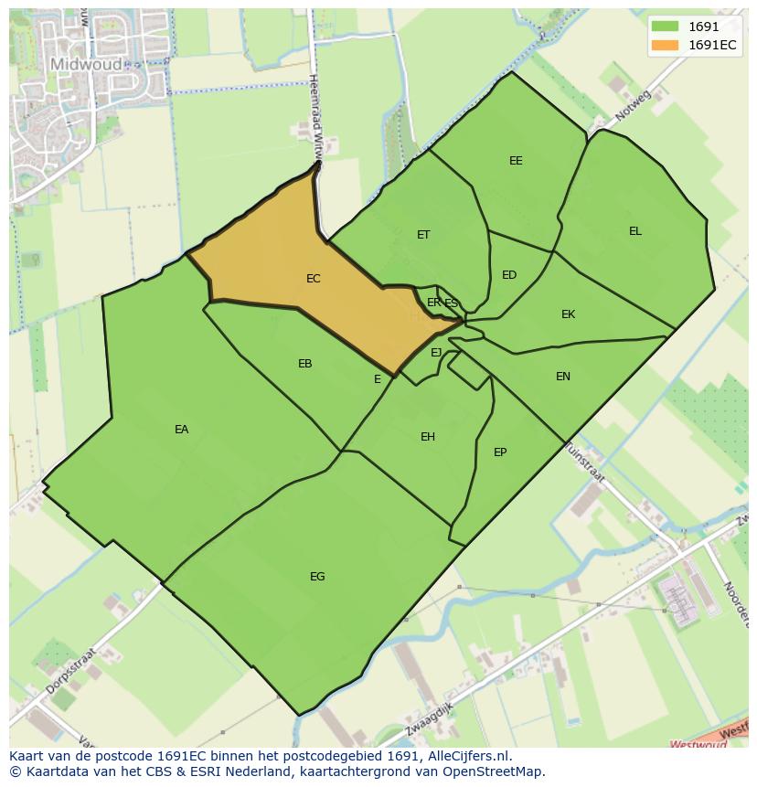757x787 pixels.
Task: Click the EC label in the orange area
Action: (313, 279)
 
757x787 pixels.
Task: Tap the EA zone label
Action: (181, 430)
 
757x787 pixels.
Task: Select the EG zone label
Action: (317, 577)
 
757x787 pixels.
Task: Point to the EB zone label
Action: (304, 364)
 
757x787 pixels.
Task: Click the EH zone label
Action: (427, 437)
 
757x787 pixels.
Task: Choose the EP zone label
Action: (500, 452)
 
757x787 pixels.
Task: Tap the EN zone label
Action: (563, 377)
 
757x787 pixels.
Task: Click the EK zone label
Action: (568, 314)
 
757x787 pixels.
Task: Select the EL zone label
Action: (634, 231)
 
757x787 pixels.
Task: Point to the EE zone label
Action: (516, 161)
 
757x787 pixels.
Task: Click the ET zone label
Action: (423, 235)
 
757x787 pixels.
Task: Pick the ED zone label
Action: (509, 275)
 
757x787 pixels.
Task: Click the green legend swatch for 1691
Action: (665, 27)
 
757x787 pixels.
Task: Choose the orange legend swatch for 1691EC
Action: (665, 45)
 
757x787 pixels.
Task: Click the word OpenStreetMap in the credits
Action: (494, 771)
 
